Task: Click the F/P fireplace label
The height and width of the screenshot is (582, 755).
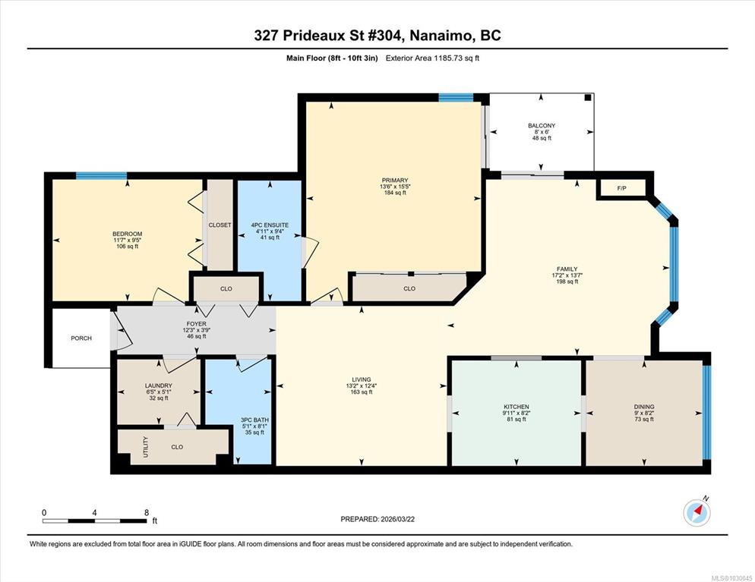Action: [621, 188]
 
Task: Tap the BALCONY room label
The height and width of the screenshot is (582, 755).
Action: [542, 125]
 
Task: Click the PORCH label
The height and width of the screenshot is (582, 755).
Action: [81, 338]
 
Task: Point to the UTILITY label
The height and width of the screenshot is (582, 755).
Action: [146, 447]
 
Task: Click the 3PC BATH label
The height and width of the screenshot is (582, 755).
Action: [254, 420]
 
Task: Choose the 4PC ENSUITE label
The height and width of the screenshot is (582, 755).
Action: [270, 225]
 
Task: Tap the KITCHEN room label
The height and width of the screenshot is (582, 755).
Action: [516, 407]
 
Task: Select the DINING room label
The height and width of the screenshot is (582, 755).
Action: [644, 407]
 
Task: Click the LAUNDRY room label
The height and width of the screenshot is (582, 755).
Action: [159, 385]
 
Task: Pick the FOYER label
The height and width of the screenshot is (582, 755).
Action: [197, 324]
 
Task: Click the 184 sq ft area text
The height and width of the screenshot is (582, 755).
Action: [395, 193]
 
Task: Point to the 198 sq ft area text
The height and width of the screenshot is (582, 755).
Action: [567, 282]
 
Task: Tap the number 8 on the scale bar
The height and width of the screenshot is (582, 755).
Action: [147, 513]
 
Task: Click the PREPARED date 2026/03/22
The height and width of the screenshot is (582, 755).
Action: [398, 519]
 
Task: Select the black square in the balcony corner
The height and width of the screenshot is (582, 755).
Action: [587, 98]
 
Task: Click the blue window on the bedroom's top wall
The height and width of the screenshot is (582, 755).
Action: [102, 175]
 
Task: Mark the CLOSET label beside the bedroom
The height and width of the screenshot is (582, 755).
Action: [220, 225]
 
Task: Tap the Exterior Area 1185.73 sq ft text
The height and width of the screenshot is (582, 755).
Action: [432, 58]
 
